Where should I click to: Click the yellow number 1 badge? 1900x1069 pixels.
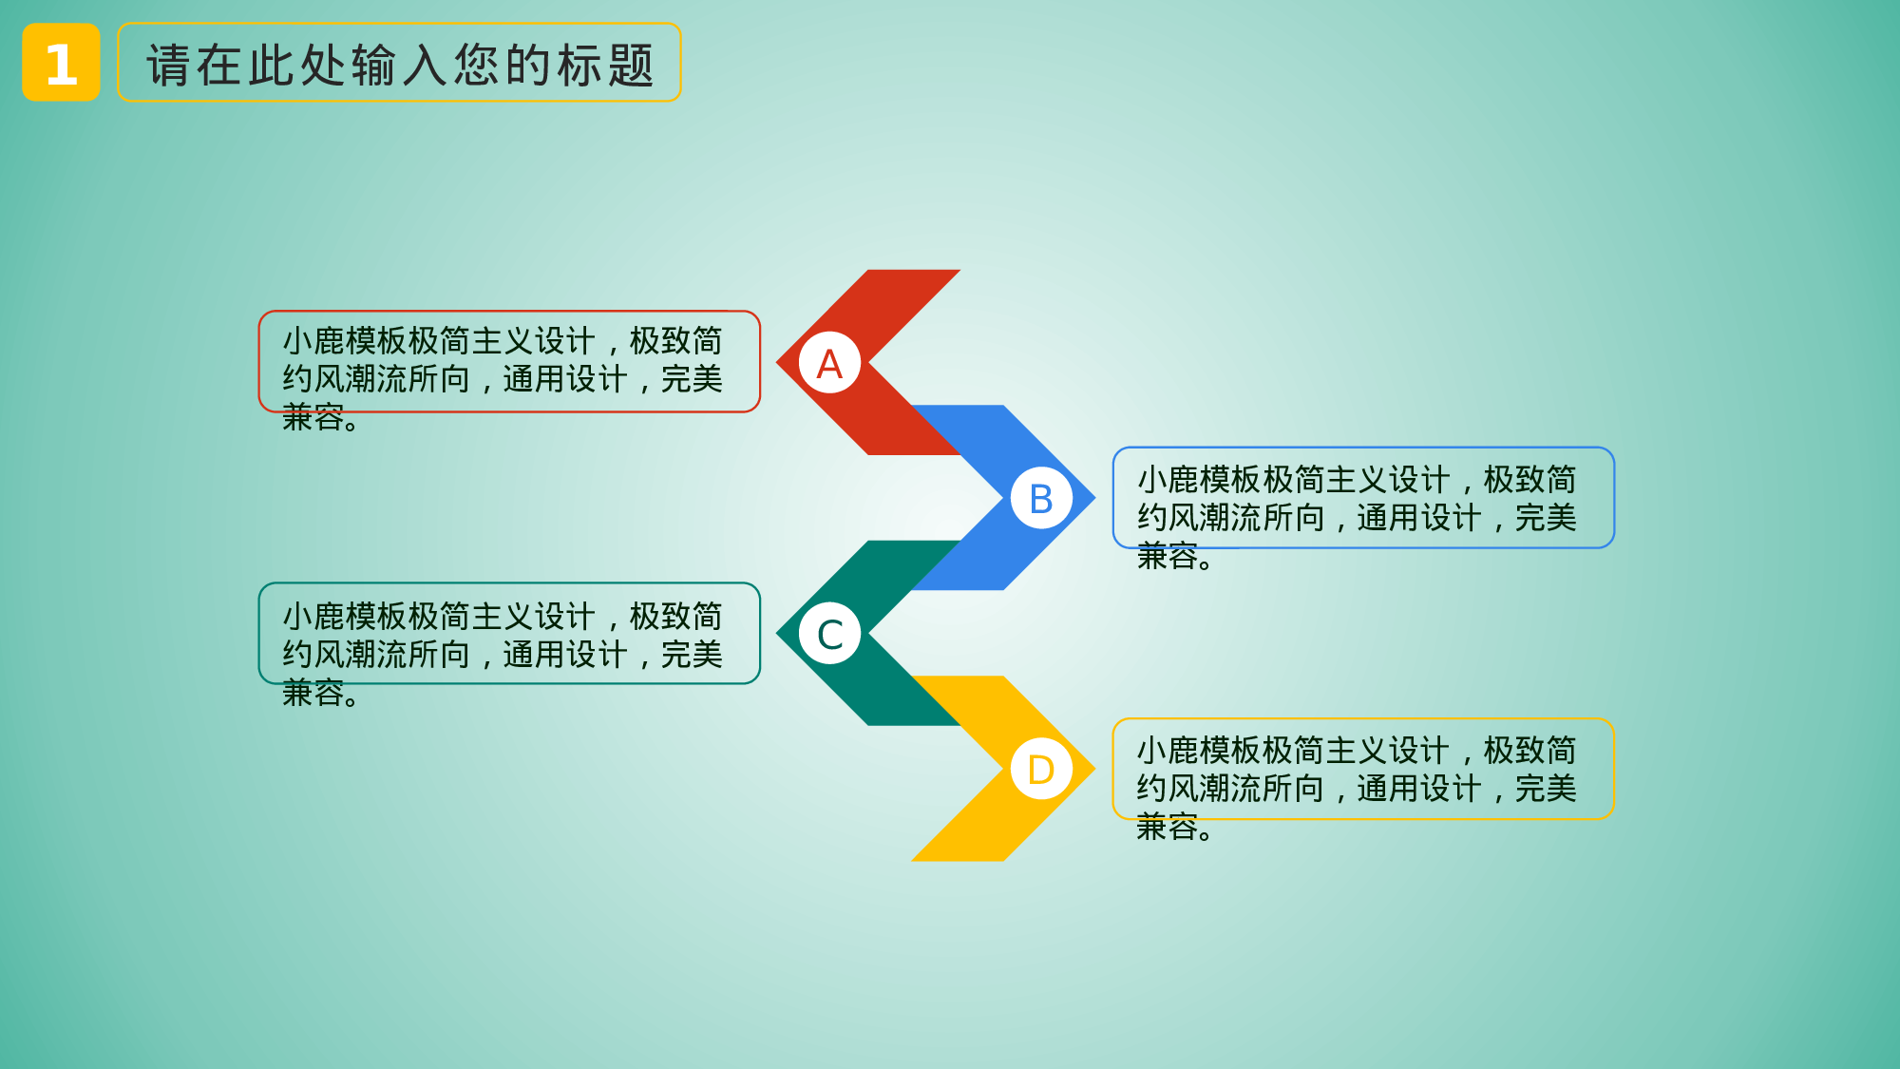[61, 63]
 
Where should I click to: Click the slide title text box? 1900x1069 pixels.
[399, 63]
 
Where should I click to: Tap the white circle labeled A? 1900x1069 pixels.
[829, 363]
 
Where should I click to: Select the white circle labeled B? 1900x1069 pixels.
[1041, 498]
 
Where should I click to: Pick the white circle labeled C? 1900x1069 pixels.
[829, 634]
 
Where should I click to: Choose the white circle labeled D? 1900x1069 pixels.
[1041, 769]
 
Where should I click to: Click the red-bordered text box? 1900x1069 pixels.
[509, 361]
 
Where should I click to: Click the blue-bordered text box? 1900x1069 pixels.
[1363, 498]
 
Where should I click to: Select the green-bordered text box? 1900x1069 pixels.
[509, 633]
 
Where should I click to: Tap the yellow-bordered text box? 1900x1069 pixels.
[1363, 769]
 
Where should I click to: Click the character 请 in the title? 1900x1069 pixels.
[169, 65]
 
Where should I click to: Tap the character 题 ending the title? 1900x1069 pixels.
[631, 65]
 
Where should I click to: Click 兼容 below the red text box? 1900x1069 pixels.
[313, 417]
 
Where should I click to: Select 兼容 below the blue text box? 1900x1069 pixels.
[1168, 556]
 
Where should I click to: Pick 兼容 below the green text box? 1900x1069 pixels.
[313, 693]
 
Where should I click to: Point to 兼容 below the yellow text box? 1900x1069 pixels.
[1168, 827]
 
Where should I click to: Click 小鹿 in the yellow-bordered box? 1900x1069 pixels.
[1168, 751]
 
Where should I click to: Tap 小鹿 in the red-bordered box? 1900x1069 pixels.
[313, 340]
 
